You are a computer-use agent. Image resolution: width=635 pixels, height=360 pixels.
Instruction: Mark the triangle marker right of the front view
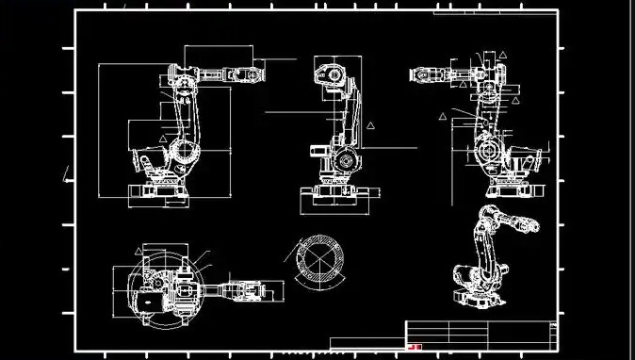click(371, 124)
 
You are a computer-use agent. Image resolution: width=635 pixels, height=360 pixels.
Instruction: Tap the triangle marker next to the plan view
click(138, 251)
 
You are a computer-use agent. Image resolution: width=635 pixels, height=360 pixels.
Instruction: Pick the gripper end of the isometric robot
click(533, 227)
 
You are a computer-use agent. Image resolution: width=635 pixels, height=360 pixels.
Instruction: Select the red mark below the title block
click(415, 347)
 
